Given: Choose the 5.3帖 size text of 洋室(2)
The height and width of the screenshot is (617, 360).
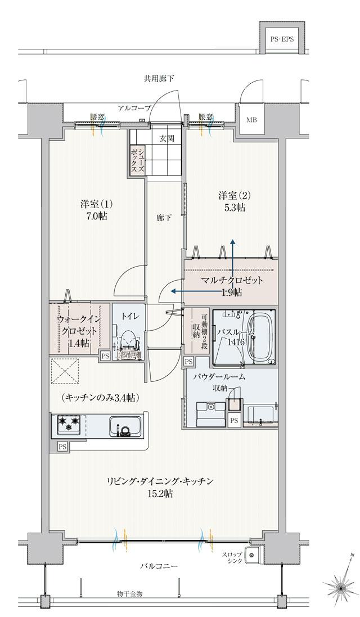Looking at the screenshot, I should pyautogui.click(x=232, y=208).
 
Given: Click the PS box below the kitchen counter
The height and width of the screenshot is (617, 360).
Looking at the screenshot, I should pyautogui.click(x=61, y=446).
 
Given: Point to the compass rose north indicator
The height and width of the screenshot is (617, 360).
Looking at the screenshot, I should pyautogui.click(x=340, y=588).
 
